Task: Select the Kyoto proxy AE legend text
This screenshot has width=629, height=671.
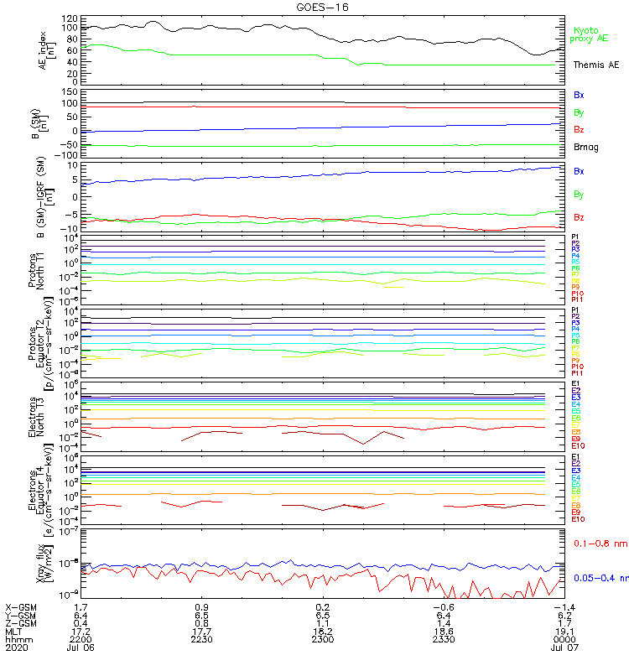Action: tap(590, 34)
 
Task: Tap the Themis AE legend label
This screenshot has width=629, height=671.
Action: tap(595, 65)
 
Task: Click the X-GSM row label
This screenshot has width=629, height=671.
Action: tap(20, 606)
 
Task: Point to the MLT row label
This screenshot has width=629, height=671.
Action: tap(15, 631)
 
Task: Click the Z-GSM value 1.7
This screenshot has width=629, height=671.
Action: tap(565, 622)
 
